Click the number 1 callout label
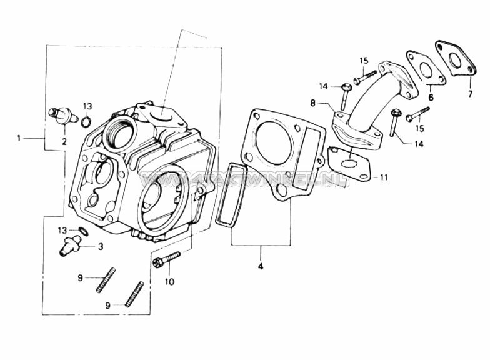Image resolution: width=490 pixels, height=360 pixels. pos(20,137)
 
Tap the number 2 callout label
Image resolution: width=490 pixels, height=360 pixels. pos(64,141)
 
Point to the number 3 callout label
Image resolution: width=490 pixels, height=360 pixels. pos(100,247)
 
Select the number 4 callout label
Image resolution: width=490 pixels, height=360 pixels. pos(261,267)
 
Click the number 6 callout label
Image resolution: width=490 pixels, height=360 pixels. pos(431,98)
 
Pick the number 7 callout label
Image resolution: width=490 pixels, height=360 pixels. pos(469,94)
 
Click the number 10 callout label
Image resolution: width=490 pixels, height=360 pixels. pos(169,282)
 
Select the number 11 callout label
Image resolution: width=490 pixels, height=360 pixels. pos(384,177)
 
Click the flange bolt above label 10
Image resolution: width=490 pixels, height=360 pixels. pos(166,259)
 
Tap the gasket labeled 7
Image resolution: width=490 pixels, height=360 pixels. pos(454,59)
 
